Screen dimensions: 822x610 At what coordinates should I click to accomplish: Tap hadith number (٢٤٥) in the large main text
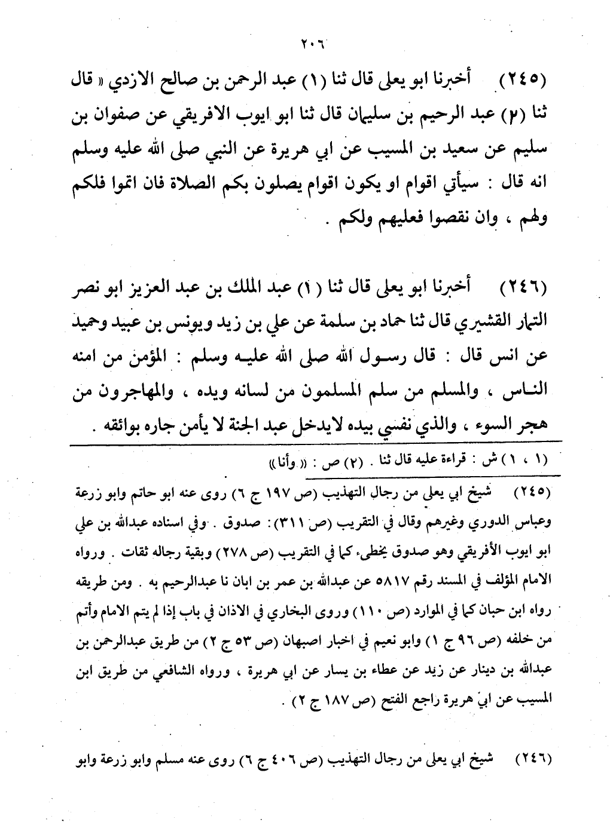coord(520,79)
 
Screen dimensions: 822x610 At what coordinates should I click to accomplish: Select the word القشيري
coord(481,323)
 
